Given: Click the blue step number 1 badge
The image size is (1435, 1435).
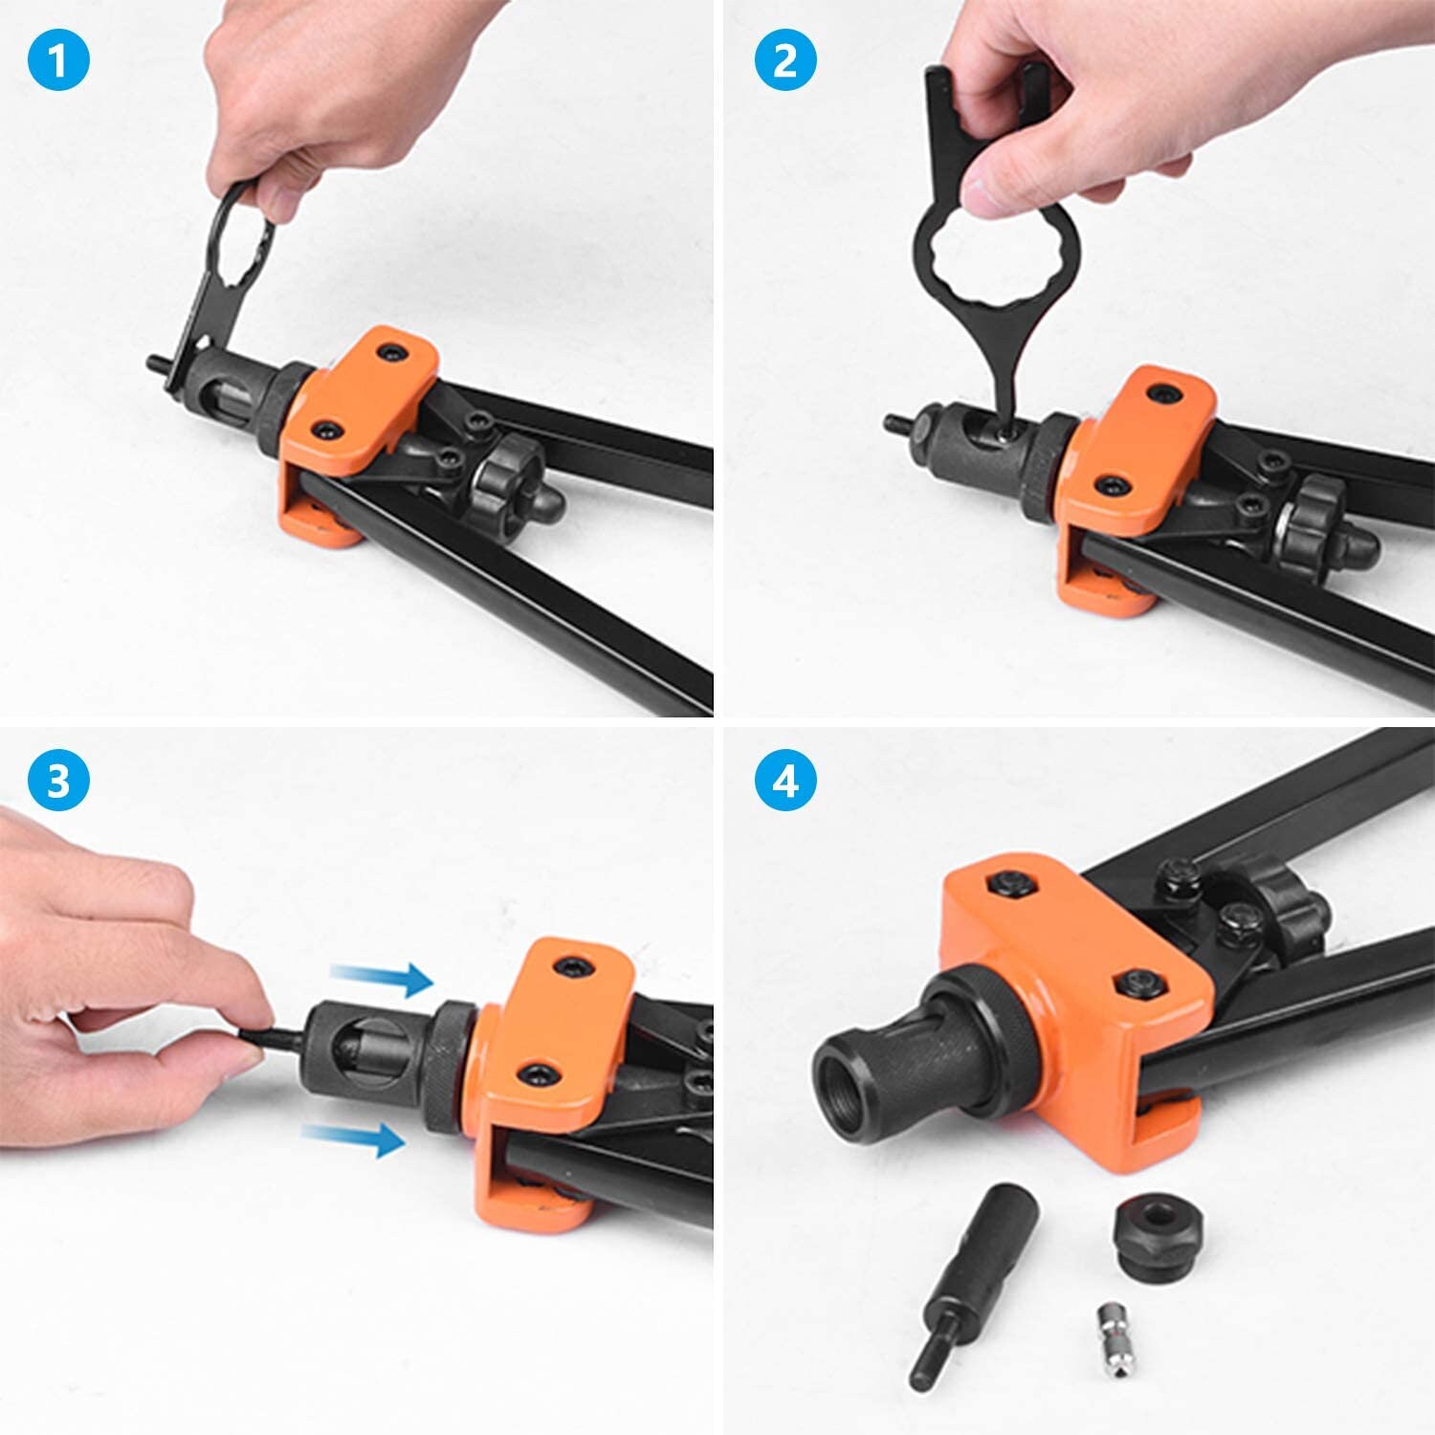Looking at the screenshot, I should [58, 61].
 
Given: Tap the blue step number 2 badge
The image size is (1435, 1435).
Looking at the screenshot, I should [784, 61].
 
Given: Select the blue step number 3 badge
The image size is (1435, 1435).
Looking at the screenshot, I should [58, 780].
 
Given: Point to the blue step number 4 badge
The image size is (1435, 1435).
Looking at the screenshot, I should [784, 780].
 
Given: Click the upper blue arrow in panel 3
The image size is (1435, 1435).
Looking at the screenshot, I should [382, 978].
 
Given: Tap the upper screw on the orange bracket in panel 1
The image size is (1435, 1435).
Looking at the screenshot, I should [390, 354].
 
